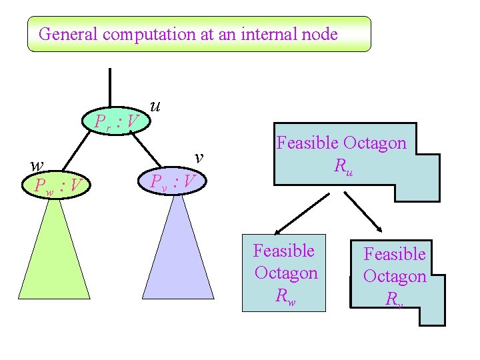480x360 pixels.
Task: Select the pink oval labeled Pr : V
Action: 116,121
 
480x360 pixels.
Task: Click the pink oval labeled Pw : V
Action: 56,184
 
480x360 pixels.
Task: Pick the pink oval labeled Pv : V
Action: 172,181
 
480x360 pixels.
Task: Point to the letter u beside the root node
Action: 155,105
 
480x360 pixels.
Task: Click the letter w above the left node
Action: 37,165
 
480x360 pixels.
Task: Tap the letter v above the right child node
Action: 199,157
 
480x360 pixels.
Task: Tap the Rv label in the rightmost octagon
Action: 394,299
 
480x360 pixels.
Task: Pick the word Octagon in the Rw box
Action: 287,273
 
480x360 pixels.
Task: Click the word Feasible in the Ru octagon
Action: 307,143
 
